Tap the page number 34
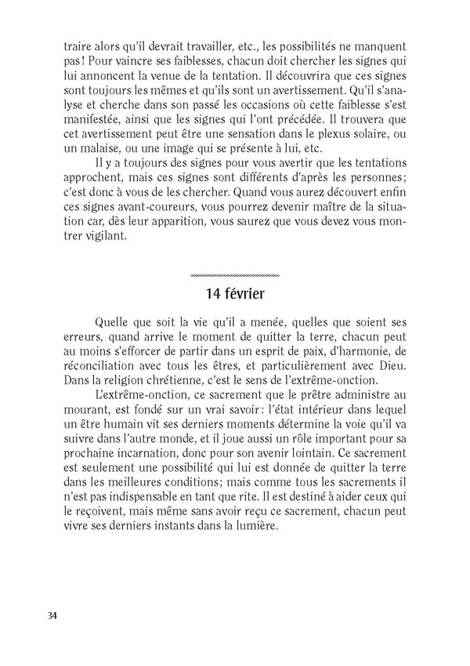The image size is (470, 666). (52, 614)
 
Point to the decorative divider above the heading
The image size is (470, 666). (235, 276)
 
